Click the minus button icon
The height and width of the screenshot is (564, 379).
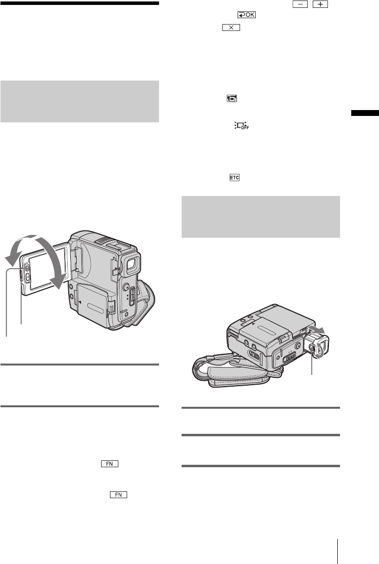pos(300,4)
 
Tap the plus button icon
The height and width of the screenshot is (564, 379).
pos(320,4)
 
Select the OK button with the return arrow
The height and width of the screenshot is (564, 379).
pos(246,15)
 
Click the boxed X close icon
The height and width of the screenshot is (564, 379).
pos(231,28)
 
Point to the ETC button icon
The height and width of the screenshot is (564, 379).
pos(235,177)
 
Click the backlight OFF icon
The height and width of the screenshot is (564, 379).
pos(242,126)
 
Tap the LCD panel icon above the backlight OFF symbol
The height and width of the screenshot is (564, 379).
pos(232,98)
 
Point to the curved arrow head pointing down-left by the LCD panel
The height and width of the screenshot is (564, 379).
pos(11,259)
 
